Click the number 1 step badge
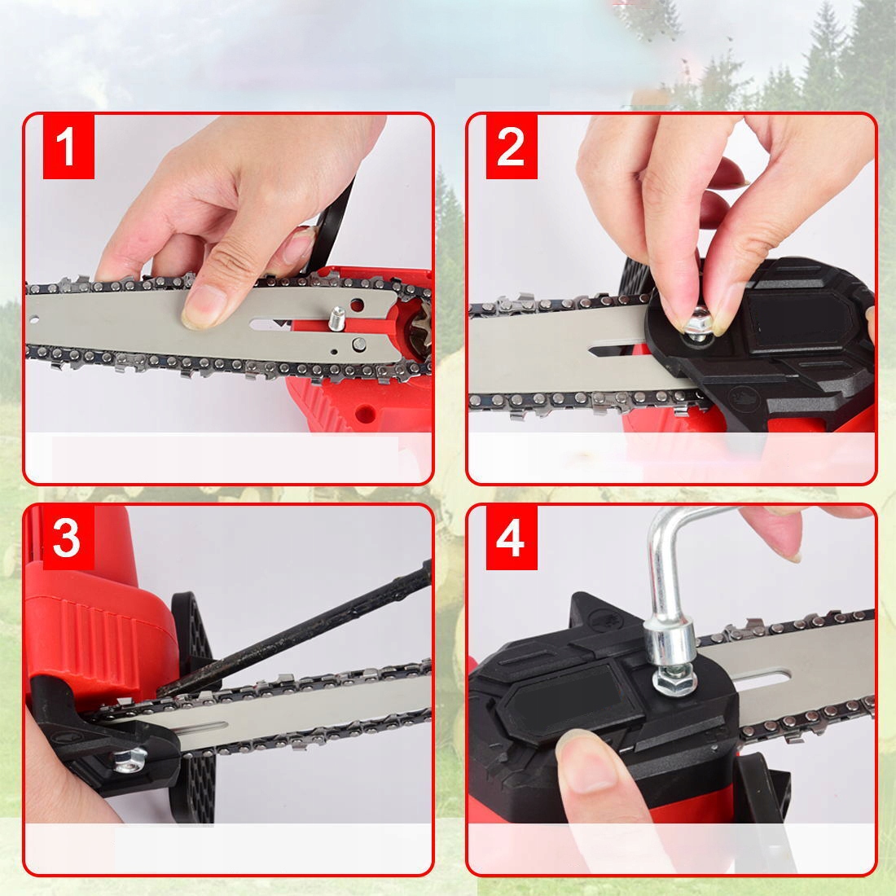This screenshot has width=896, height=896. (x=68, y=147)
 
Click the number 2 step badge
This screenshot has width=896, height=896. (x=512, y=147)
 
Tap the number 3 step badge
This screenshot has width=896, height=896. (x=68, y=538)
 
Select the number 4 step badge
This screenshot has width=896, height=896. (x=512, y=538)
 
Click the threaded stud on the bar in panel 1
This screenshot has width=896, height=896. (x=337, y=318)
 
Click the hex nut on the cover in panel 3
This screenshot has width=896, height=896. (x=130, y=761)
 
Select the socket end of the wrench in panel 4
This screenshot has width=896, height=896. (x=669, y=641)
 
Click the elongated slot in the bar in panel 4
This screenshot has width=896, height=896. (x=761, y=679)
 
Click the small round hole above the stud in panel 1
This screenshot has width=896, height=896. (x=357, y=305)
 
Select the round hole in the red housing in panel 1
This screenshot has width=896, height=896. (x=365, y=413)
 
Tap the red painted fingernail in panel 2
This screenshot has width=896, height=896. (x=729, y=174)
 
